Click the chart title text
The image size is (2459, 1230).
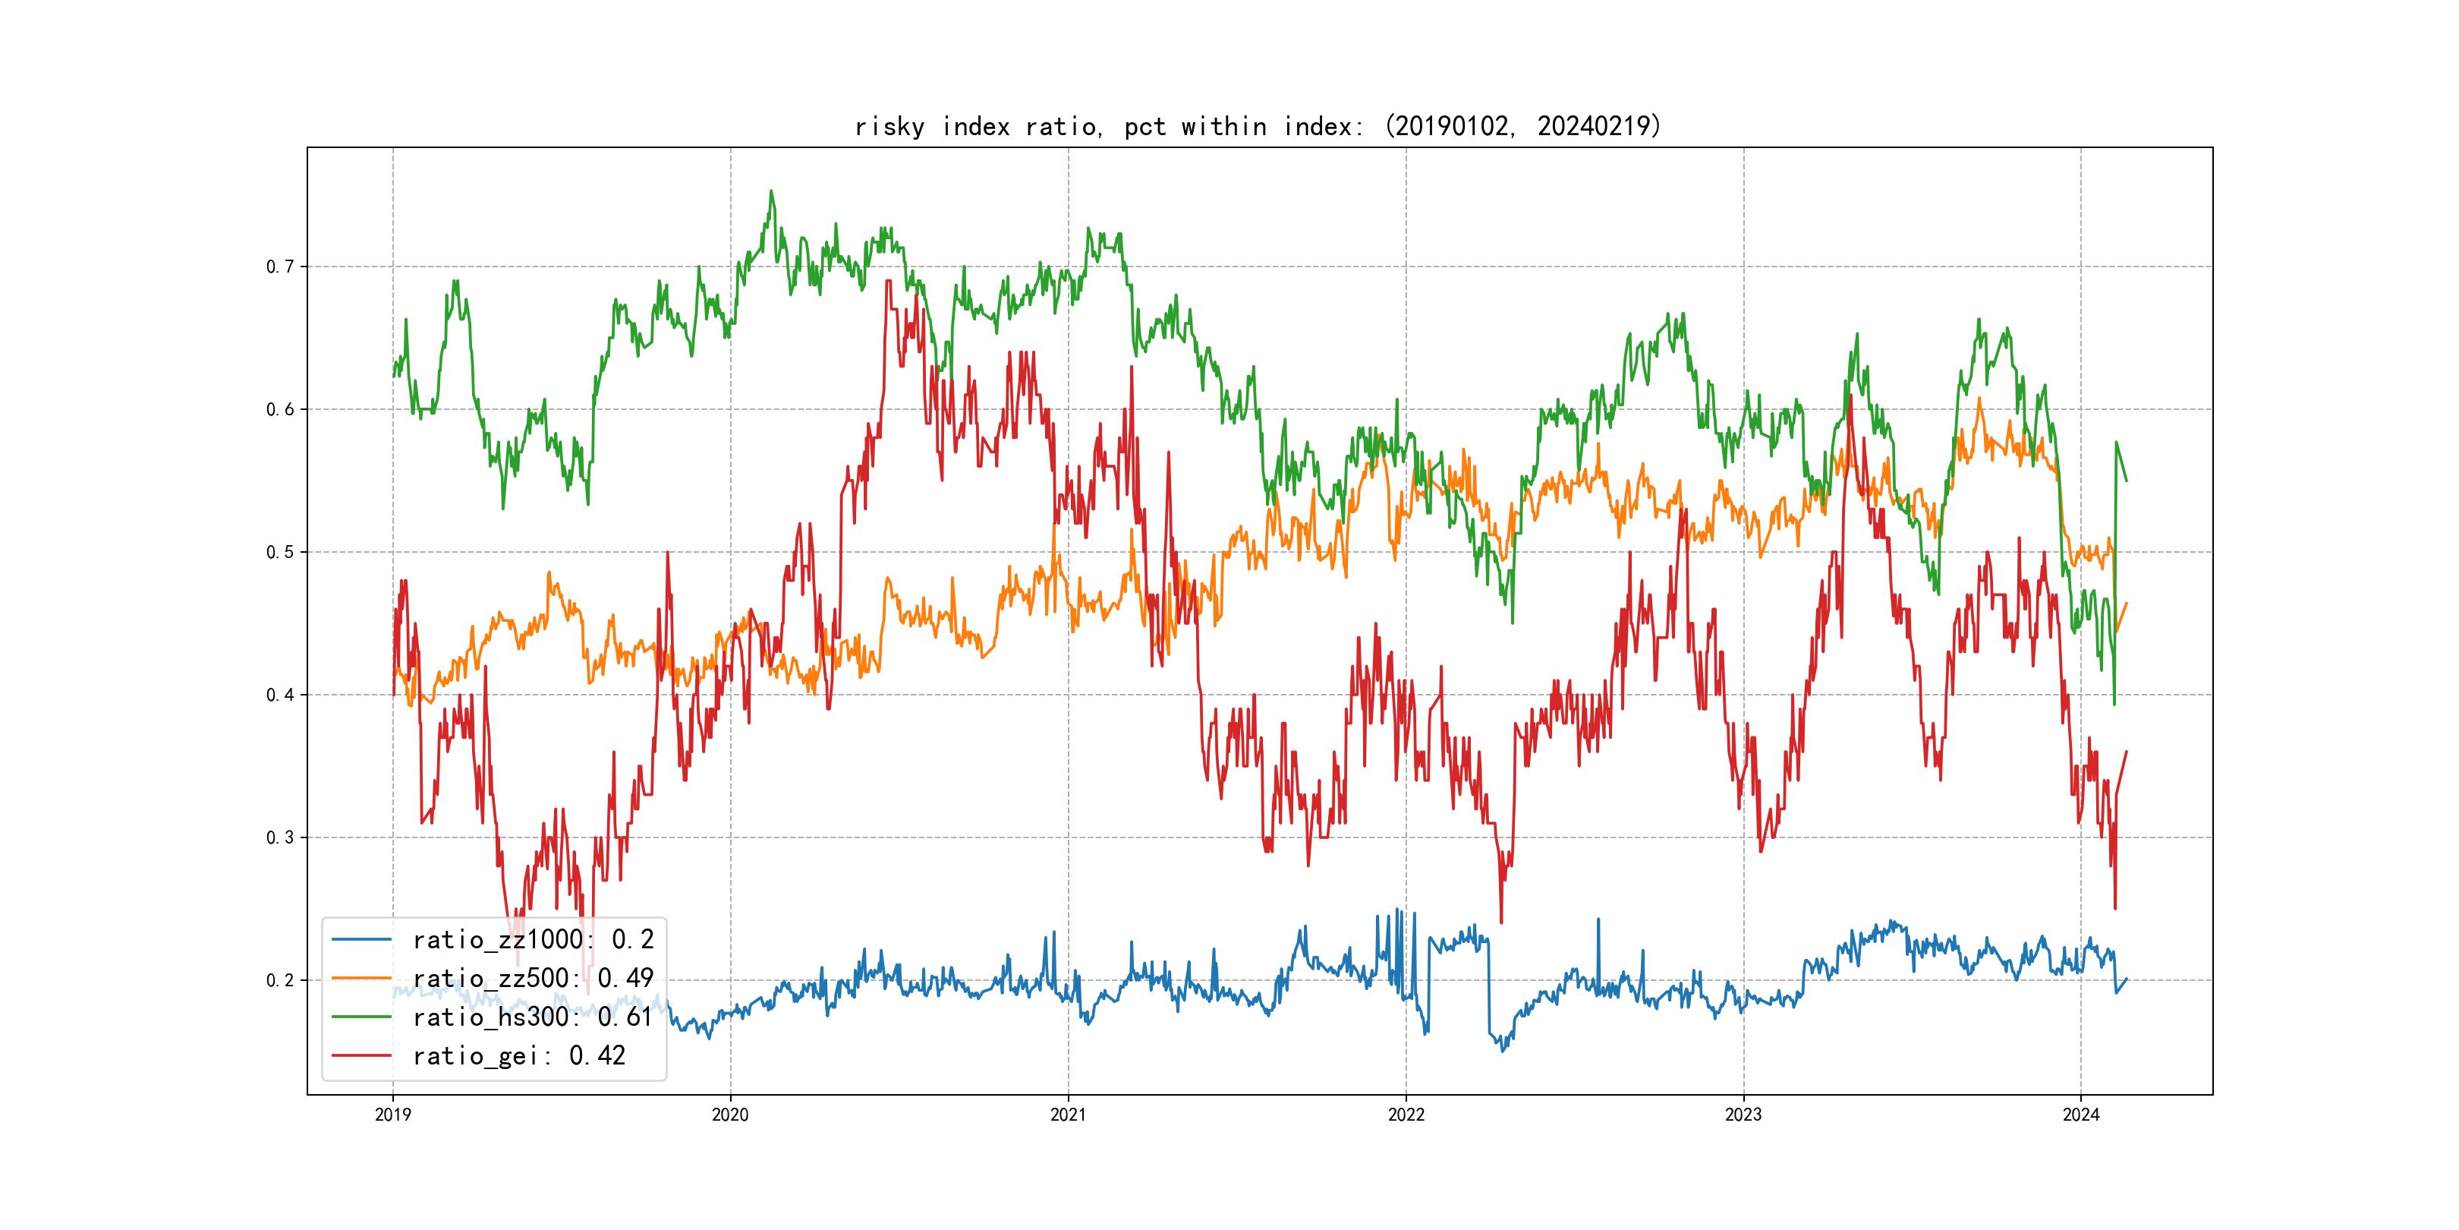coord(1258,126)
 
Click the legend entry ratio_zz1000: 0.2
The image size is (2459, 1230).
coord(533,940)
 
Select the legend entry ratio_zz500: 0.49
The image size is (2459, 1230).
coord(533,978)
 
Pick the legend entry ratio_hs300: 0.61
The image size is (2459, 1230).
coord(532,1017)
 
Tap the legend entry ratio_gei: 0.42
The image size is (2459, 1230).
coord(518,1055)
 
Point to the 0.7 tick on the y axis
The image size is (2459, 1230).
coord(280,266)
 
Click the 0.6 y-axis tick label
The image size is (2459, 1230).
coord(280,410)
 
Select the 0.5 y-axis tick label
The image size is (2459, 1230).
coord(280,552)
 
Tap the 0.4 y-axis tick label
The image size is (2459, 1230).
coord(280,695)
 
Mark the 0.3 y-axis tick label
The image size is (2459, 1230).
coord(280,837)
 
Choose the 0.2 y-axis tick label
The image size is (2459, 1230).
coord(280,981)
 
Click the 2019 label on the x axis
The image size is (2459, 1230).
coord(393,1115)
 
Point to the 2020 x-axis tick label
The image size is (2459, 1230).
coord(730,1115)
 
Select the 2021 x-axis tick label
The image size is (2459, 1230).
coord(1068,1115)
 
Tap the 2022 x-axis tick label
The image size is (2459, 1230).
coord(1406,1115)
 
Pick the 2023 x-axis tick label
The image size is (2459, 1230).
coord(1743,1115)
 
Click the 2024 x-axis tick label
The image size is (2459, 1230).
coord(2081,1115)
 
